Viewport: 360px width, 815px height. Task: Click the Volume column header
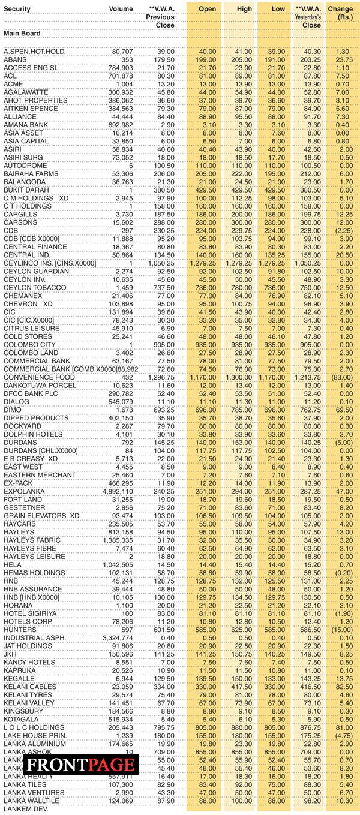121,9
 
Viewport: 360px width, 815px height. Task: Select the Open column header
207,9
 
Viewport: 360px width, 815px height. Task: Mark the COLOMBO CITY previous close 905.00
161,345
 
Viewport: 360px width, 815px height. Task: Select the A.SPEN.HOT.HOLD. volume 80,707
122,52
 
